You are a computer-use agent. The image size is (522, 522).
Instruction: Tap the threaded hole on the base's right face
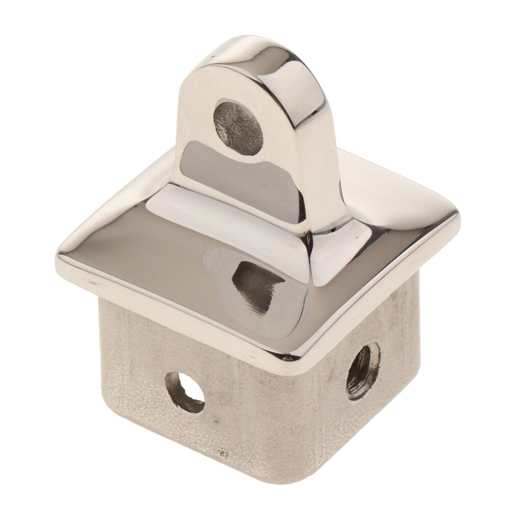362,371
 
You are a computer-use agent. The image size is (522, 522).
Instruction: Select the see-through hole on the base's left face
185,391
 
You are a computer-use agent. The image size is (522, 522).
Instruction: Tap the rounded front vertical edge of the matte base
285,423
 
